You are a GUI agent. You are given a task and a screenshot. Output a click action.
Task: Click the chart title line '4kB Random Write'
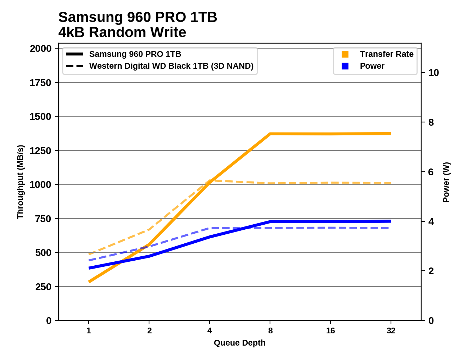pos(122,32)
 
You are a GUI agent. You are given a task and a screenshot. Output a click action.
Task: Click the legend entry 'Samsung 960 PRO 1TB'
pos(135,54)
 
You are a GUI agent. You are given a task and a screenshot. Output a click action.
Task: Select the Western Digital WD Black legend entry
pos(171,66)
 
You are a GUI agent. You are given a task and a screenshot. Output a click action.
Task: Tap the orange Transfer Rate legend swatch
pos(345,54)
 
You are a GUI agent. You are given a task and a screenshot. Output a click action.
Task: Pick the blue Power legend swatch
pos(345,66)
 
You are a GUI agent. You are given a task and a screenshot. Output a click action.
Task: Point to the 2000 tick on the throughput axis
pos(41,49)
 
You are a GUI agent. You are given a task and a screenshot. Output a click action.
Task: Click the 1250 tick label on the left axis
pos(41,150)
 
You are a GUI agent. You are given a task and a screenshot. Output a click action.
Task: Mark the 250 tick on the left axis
pos(43,287)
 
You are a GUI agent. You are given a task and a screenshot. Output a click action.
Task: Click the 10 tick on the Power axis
pos(433,73)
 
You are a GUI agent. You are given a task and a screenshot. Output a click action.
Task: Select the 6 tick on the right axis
pos(431,172)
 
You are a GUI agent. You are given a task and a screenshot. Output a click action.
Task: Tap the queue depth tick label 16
pos(330,330)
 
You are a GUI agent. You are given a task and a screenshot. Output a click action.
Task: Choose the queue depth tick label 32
pos(391,330)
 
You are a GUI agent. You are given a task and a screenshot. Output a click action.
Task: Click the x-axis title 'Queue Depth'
pos(239,343)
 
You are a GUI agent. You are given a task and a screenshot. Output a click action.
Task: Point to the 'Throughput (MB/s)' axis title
pos(20,182)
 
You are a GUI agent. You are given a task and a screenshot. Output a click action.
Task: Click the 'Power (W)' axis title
pos(446,182)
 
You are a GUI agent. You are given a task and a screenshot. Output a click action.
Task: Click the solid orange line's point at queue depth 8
pos(270,134)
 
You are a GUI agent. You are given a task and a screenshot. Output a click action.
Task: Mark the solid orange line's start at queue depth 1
pos(89,282)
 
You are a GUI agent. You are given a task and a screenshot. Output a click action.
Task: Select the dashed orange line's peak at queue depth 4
pos(210,180)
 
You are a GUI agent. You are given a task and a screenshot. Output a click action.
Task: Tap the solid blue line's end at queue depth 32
pos(391,221)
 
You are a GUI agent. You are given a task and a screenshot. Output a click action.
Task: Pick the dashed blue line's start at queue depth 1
pos(89,260)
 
